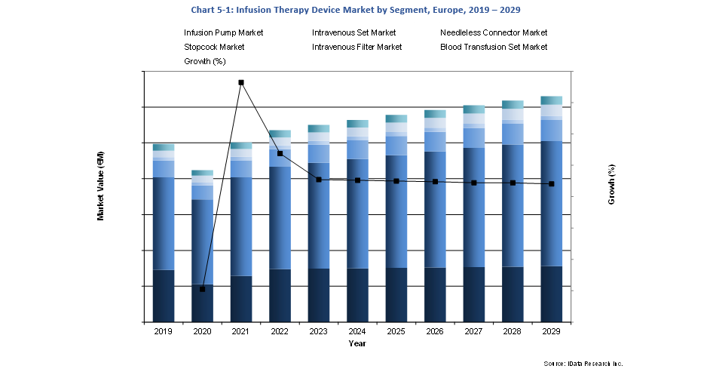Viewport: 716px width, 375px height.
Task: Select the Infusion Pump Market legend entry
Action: [x=224, y=33]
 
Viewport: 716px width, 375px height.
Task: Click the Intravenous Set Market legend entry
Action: [x=353, y=33]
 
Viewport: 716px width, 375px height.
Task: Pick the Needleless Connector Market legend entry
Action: [x=494, y=33]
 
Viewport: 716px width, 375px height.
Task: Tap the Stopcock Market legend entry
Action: [x=214, y=47]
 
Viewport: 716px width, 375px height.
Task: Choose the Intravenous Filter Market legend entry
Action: [x=356, y=47]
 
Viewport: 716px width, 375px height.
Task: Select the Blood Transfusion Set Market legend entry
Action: [x=494, y=47]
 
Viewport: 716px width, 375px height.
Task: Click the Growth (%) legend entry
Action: [x=205, y=61]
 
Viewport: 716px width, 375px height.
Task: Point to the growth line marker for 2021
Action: [x=241, y=82]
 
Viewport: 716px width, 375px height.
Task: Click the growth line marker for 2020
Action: [x=202, y=289]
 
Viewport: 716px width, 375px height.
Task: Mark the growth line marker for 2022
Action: [x=280, y=153]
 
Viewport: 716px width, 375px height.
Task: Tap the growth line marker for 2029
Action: [x=552, y=183]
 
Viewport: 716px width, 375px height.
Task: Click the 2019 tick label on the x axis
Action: [x=163, y=331]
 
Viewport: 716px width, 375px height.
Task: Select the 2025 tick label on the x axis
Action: [x=396, y=331]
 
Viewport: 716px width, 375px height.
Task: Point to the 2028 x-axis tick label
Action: [x=513, y=331]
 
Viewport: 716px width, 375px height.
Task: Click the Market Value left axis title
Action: [x=100, y=186]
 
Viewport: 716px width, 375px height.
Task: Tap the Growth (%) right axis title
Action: [x=612, y=186]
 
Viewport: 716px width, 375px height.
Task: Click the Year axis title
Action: [x=357, y=344]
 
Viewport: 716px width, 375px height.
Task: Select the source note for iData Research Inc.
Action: [x=583, y=364]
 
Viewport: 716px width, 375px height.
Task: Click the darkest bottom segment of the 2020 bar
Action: [x=202, y=303]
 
